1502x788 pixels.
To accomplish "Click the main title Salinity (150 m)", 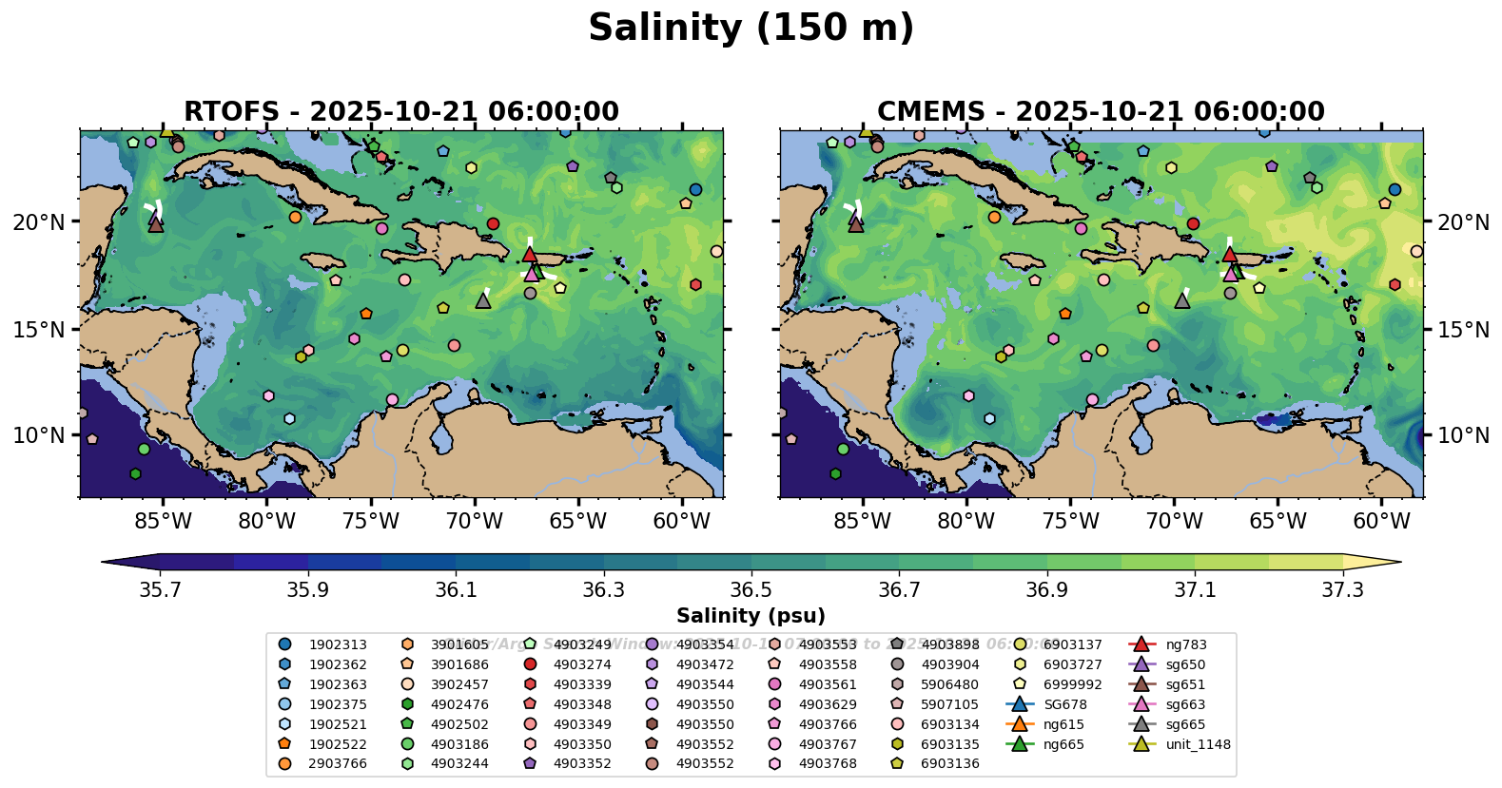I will (751, 29).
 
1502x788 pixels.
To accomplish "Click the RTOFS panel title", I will (400, 112).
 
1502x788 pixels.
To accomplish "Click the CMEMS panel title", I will (1101, 112).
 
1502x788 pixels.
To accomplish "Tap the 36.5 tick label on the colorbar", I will (751, 590).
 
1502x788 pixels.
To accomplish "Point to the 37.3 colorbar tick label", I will (1342, 590).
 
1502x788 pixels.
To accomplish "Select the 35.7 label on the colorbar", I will (160, 590).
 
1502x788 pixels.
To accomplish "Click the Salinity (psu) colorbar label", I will (751, 616).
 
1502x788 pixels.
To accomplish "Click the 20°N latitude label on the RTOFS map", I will (39, 222).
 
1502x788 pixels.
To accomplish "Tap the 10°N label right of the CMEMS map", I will (1463, 435).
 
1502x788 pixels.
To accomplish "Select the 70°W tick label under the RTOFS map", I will (474, 521).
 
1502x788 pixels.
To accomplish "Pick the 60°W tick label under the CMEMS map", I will (1381, 521).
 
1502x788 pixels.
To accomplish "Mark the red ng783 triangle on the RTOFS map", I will (530, 254).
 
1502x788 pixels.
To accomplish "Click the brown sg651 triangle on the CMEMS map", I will (855, 224).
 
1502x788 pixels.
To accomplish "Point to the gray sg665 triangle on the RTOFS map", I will (483, 300).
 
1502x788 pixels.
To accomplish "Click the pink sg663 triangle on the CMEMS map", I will (1231, 273).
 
